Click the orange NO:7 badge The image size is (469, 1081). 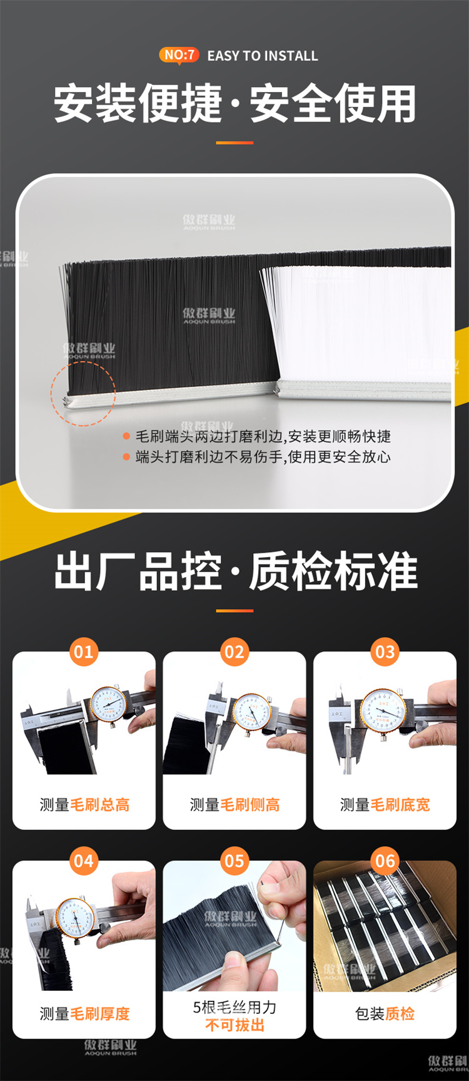(179, 55)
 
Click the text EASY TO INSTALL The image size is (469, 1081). (263, 56)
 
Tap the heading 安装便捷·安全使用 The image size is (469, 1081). (234, 104)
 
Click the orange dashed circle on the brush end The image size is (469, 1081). (83, 394)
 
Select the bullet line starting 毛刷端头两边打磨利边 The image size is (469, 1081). (263, 436)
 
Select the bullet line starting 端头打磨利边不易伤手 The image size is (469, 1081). (263, 457)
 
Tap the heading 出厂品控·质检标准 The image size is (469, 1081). (234, 571)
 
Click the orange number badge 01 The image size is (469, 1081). (84, 652)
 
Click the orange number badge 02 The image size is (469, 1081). (234, 652)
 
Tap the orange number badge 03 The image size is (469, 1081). (385, 652)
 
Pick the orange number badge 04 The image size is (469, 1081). (84, 861)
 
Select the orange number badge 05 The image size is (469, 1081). (234, 861)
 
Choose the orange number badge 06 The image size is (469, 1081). (385, 861)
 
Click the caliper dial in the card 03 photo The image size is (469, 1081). (383, 711)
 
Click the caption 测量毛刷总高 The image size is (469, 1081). (84, 805)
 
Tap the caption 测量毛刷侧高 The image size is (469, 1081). (234, 805)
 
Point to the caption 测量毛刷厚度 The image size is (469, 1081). (84, 1014)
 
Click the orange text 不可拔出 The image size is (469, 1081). (234, 1025)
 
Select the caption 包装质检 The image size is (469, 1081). (385, 1014)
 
